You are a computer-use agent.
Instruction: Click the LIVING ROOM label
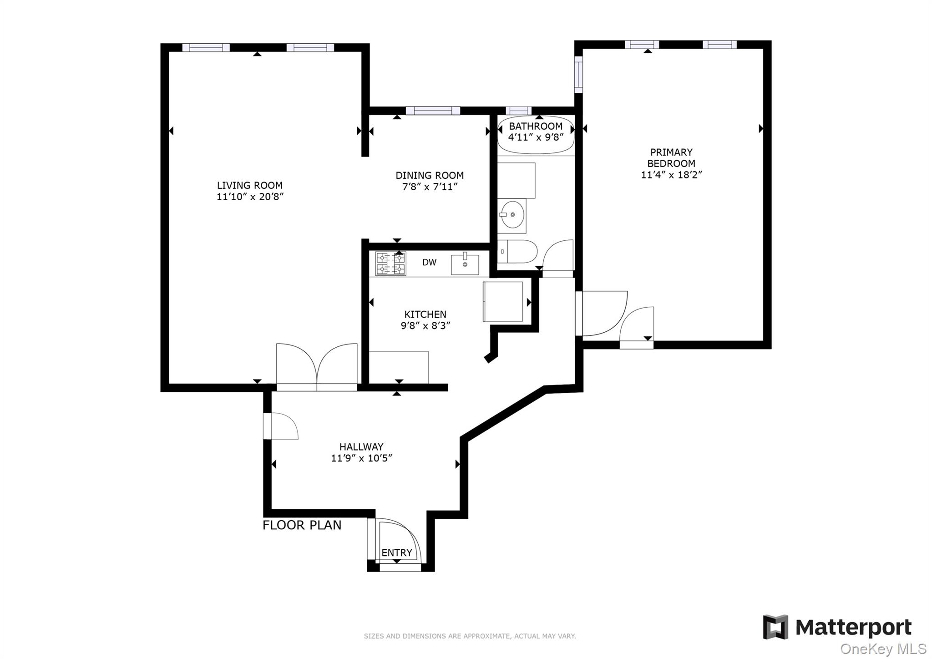[249, 185]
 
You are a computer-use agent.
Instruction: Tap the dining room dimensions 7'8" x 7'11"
[430, 187]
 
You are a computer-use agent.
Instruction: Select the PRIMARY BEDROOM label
[671, 157]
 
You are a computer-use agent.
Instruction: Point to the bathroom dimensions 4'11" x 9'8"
[536, 137]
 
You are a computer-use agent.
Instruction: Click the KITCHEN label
[425, 314]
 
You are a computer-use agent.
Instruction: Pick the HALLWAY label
[361, 446]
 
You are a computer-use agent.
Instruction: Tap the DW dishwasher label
[429, 262]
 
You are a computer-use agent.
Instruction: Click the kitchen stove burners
[390, 264]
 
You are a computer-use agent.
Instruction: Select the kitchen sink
[465, 264]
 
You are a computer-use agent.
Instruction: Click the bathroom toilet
[517, 251]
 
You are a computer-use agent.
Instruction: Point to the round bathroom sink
[512, 214]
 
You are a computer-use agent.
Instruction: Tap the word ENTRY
[396, 553]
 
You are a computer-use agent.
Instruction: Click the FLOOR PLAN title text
[302, 525]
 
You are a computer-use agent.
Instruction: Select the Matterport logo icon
[775, 627]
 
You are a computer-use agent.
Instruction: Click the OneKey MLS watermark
[883, 649]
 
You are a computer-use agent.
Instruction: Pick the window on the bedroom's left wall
[578, 74]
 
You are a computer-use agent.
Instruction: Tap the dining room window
[433, 111]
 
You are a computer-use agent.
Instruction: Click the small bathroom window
[518, 111]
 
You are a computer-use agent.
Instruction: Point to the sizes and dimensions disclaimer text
[470, 636]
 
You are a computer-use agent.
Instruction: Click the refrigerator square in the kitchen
[503, 301]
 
